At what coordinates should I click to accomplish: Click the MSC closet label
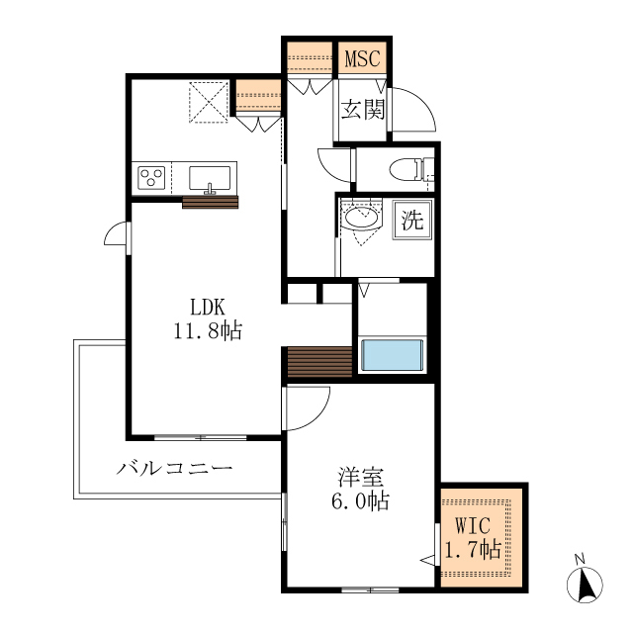click(x=363, y=58)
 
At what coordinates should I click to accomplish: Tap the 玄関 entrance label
click(x=363, y=110)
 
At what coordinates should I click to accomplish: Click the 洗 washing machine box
click(x=411, y=220)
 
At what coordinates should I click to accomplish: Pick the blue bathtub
click(x=393, y=355)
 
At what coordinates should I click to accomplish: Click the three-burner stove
click(x=152, y=178)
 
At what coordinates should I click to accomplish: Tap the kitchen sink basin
click(x=210, y=178)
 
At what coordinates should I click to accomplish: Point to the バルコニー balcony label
click(x=173, y=467)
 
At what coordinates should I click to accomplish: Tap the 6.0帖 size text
click(x=359, y=500)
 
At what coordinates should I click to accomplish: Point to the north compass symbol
click(x=586, y=583)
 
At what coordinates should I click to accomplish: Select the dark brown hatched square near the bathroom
click(x=318, y=362)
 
